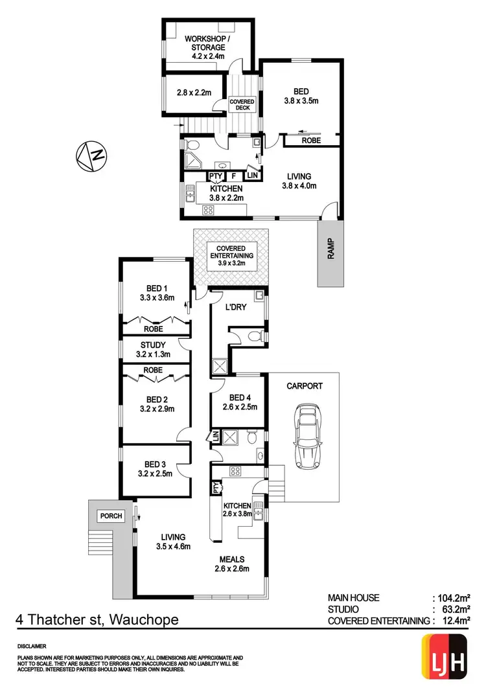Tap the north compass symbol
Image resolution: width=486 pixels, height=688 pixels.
[x=91, y=155]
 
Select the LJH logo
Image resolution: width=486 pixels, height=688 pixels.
[x=445, y=658]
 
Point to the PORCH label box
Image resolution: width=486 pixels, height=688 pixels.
[x=111, y=516]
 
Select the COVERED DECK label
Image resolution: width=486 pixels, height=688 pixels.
[x=243, y=105]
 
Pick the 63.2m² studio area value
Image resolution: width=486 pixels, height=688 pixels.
[x=455, y=610]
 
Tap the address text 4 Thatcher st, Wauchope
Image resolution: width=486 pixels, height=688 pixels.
[x=97, y=620]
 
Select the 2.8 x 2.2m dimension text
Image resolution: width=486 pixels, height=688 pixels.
[x=194, y=92]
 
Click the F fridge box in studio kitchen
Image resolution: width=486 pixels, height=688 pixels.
[x=233, y=176]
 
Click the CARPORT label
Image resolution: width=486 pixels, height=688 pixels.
[x=305, y=385]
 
